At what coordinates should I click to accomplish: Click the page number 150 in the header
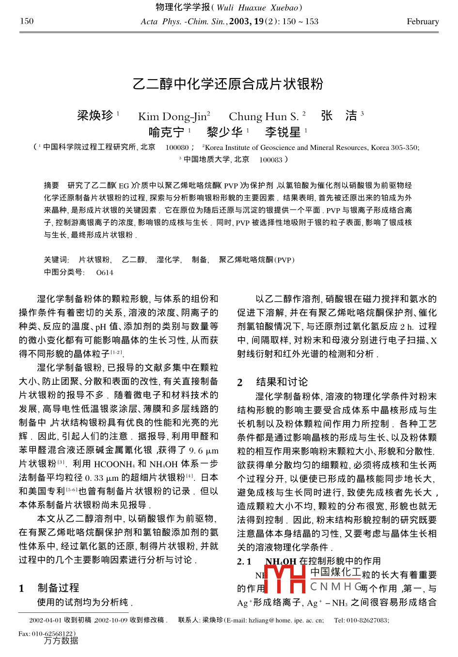pos(27,21)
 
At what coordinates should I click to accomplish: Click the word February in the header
pos(423,21)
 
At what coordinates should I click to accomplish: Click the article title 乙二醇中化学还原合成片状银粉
pos(228,84)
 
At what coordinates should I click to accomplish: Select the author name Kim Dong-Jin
pos(174,116)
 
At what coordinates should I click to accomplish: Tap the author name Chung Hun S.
pos(264,116)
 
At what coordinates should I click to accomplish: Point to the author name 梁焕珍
pos(95,115)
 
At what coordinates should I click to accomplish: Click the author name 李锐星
pos(283,132)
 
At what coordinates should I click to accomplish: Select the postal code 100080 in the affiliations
pos(177,148)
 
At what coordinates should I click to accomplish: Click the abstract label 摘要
pos(51,185)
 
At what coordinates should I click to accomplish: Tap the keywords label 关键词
pos(56,260)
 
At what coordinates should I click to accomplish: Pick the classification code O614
pos(105,272)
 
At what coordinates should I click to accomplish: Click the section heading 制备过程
pos(58,588)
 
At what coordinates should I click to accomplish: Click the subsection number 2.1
pos(244,561)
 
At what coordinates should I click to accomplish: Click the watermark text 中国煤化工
pos(336,573)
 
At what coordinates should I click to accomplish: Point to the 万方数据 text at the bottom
pos(61,641)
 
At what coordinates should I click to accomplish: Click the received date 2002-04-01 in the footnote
pos(45,620)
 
